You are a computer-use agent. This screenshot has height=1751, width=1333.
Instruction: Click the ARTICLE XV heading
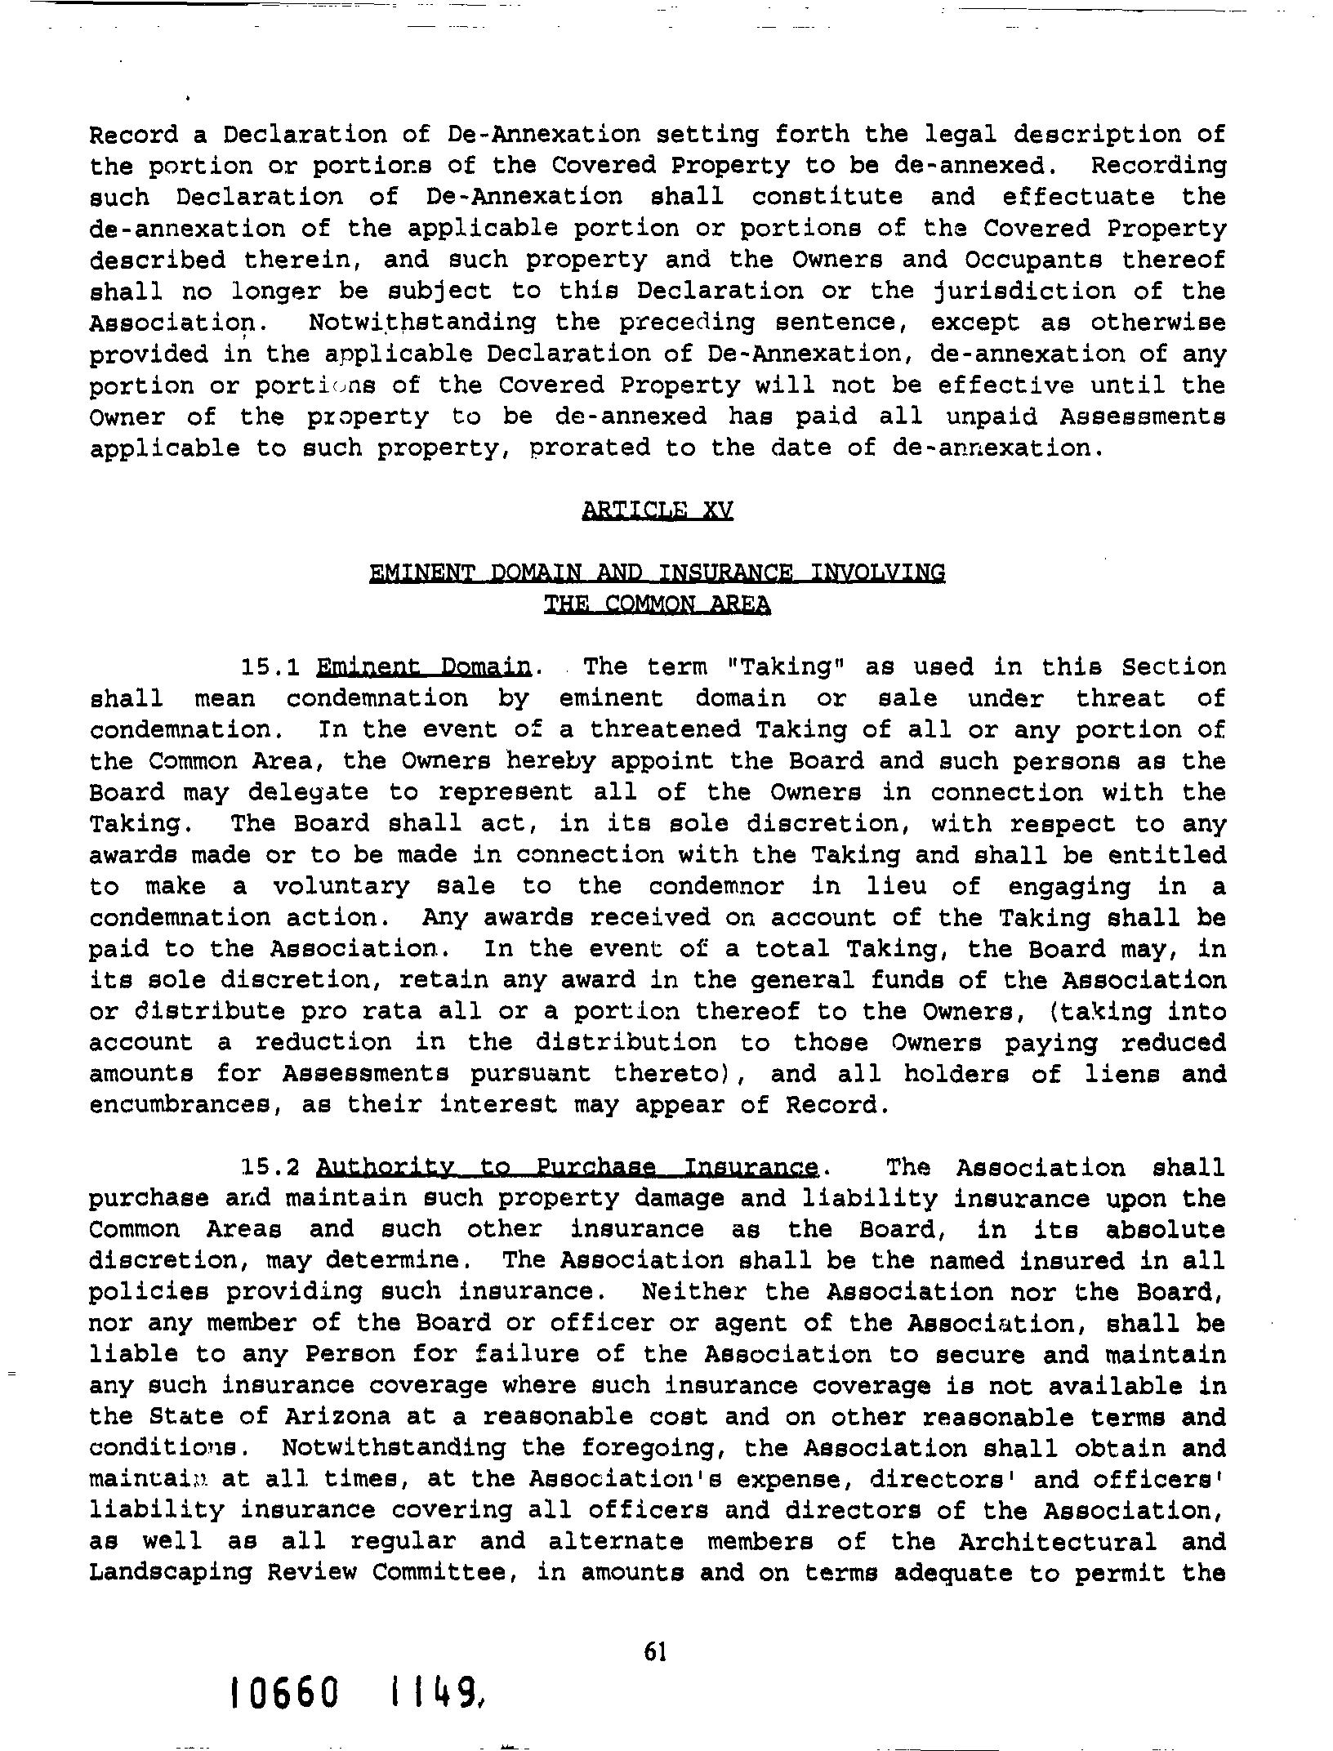coord(658,510)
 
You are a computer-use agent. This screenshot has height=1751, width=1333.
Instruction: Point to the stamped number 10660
coord(284,1694)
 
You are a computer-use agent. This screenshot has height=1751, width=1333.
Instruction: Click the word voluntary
coord(341,887)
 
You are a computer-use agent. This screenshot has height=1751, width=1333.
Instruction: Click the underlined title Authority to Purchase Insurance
coord(568,1168)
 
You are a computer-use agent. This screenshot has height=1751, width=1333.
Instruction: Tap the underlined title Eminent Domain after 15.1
coord(424,667)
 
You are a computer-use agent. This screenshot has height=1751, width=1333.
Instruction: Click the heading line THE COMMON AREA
coord(657,605)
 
